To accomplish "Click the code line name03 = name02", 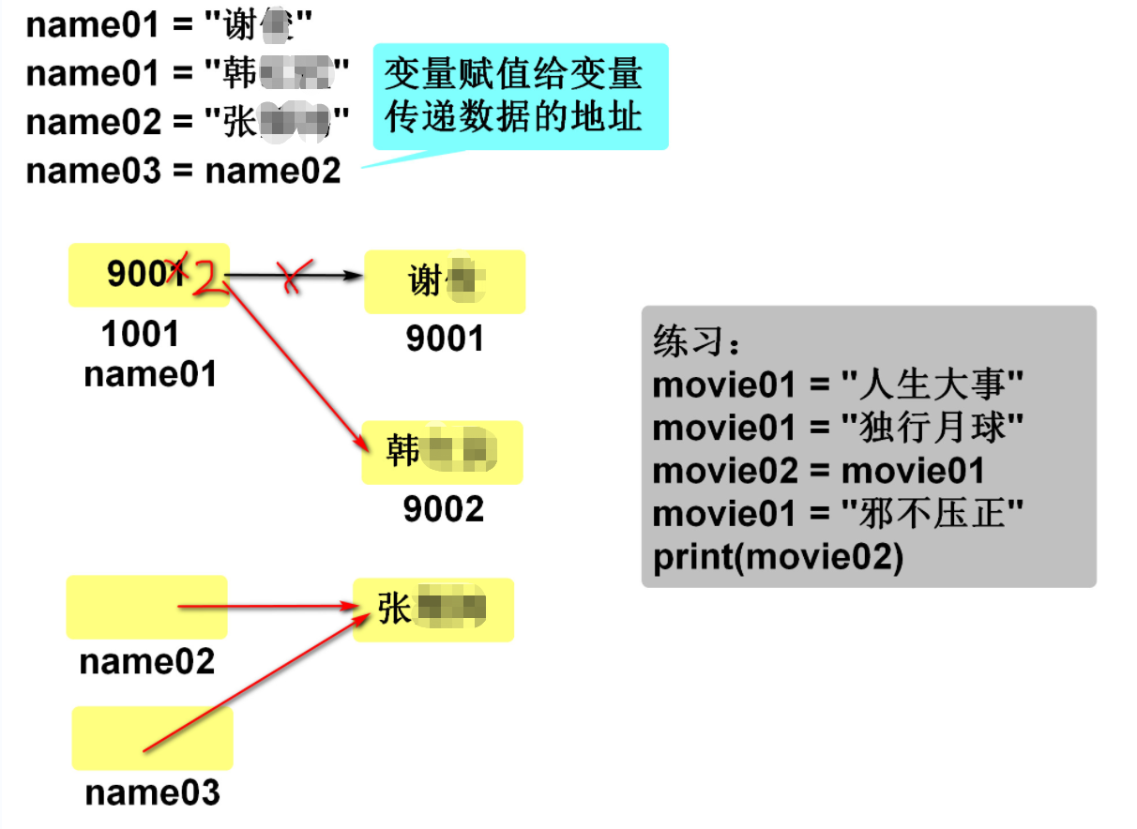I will (183, 171).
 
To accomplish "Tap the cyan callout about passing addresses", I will (520, 96).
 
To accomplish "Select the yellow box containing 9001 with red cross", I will (148, 275).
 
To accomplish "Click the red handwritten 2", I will (210, 279).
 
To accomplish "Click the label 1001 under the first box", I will (140, 333).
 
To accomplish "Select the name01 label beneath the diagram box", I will (150, 374).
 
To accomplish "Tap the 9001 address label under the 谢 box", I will (445, 339).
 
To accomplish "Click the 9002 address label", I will (444, 509).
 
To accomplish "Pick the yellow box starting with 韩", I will (442, 453).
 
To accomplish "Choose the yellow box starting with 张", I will (433, 610).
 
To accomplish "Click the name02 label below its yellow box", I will (147, 662).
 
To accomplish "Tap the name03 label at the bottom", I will (152, 792).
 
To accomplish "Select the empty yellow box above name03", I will (152, 738).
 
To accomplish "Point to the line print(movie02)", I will (778, 557).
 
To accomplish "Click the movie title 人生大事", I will (932, 384).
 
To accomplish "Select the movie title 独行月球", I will (932, 428).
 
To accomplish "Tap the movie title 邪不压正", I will (932, 514).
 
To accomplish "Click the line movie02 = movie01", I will (818, 471).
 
